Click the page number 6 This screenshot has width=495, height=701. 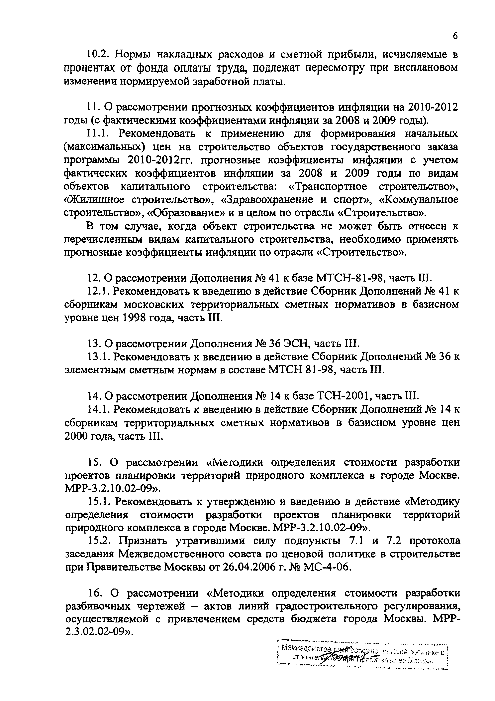tap(455, 36)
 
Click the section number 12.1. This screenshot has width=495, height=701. tap(97, 292)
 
